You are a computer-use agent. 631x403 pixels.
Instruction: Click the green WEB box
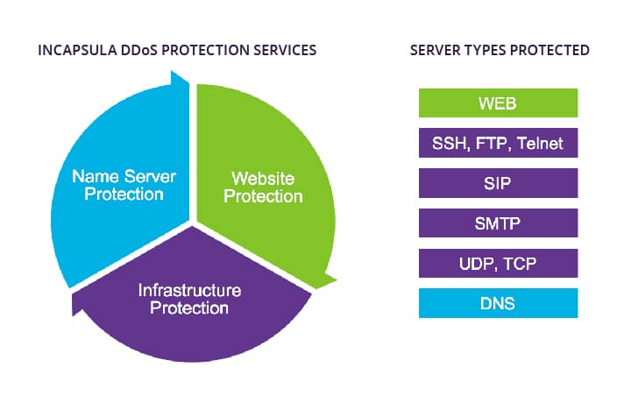pyautogui.click(x=498, y=103)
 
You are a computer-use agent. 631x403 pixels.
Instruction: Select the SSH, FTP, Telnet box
pyautogui.click(x=498, y=143)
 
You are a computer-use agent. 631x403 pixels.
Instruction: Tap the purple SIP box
pyautogui.click(x=498, y=183)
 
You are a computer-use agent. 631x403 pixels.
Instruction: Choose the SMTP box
pyautogui.click(x=498, y=223)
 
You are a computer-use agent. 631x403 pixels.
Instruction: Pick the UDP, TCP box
pyautogui.click(x=498, y=263)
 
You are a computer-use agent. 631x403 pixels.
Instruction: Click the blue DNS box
pyautogui.click(x=498, y=303)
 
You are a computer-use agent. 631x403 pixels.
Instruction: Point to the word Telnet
pyautogui.click(x=540, y=143)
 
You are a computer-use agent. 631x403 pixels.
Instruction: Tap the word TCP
pyautogui.click(x=520, y=264)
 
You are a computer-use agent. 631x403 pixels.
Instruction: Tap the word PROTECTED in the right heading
pyautogui.click(x=549, y=50)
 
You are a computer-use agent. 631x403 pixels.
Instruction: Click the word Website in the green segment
pyautogui.click(x=263, y=179)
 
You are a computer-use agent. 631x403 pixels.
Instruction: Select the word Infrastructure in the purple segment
pyautogui.click(x=189, y=290)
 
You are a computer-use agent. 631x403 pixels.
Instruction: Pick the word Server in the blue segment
pyautogui.click(x=150, y=177)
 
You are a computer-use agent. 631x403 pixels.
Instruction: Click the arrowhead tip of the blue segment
pyautogui.click(x=172, y=71)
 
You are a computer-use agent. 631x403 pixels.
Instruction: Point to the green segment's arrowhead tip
pyautogui.click(x=337, y=279)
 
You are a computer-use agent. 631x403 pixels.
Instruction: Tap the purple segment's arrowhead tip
pyautogui.click(x=73, y=315)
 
